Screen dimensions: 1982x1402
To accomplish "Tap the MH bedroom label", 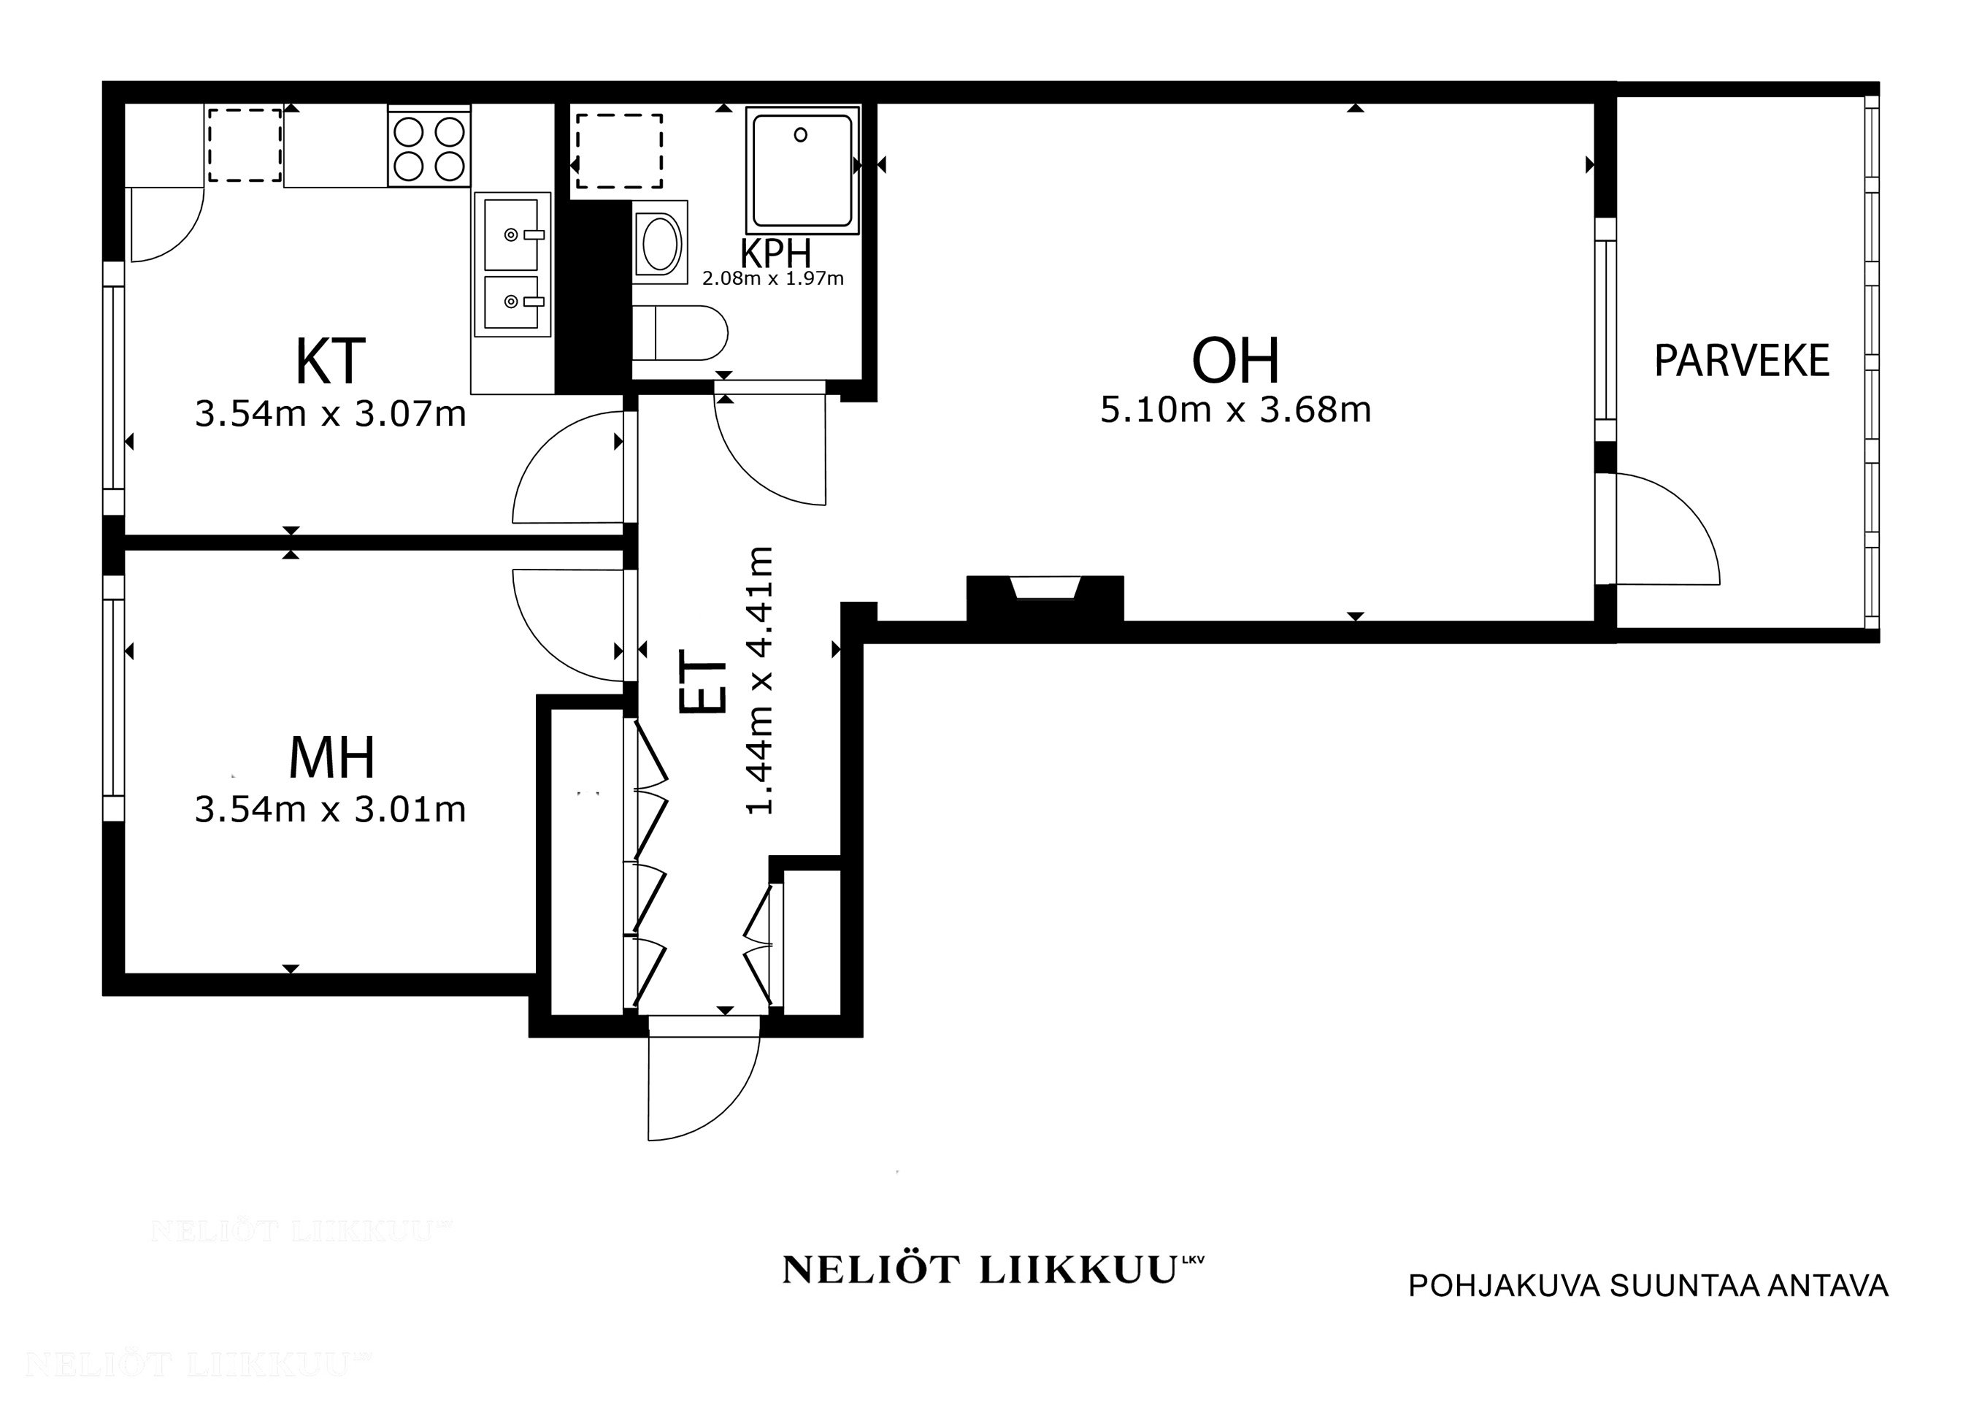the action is pyautogui.click(x=331, y=758).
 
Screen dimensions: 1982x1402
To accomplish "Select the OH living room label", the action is pyautogui.click(x=1235, y=361).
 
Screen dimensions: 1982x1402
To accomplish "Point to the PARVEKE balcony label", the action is pyautogui.click(x=1741, y=361).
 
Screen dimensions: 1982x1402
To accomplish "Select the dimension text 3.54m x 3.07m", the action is pyautogui.click(x=331, y=414).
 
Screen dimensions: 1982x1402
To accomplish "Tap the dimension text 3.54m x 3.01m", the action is pyautogui.click(x=331, y=810).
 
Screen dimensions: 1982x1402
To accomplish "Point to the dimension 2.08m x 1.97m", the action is pyautogui.click(x=772, y=279).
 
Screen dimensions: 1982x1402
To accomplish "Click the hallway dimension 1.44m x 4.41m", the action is pyautogui.click(x=760, y=681).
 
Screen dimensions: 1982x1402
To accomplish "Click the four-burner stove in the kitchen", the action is pyautogui.click(x=429, y=148).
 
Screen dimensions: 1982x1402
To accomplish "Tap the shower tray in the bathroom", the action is pyautogui.click(x=802, y=169).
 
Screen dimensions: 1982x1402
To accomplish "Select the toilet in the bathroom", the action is pyautogui.click(x=680, y=333).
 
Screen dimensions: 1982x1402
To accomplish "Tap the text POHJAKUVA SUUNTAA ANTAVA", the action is pyautogui.click(x=1648, y=1285).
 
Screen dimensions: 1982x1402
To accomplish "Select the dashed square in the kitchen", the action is pyautogui.click(x=245, y=145).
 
